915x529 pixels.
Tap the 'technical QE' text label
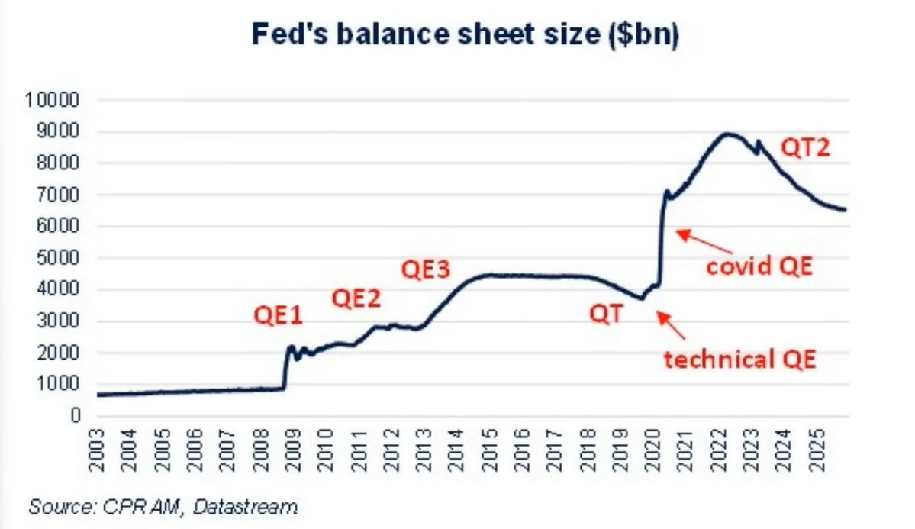(739, 358)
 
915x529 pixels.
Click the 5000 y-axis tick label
(58, 258)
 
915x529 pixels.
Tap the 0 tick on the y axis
(76, 416)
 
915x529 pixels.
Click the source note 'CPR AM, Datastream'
(163, 506)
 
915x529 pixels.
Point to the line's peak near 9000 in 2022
(728, 134)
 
